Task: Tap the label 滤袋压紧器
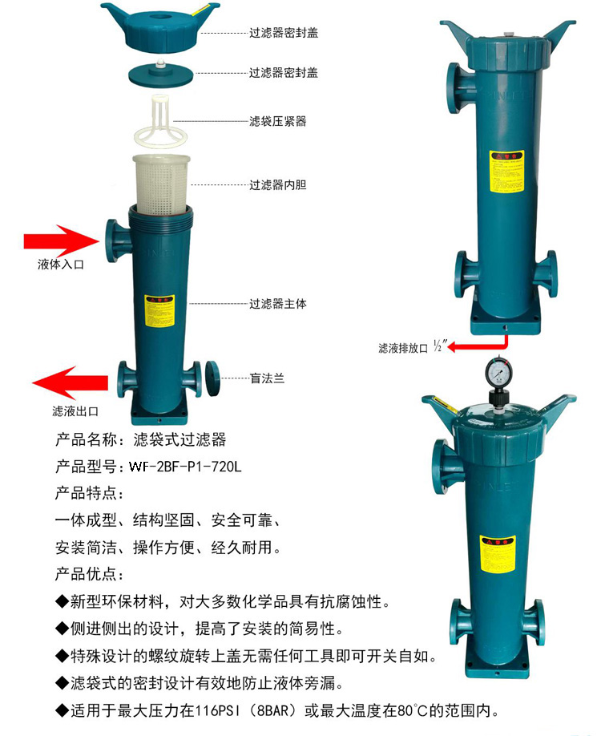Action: pyautogui.click(x=277, y=121)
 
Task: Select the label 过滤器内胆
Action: pyautogui.click(x=277, y=184)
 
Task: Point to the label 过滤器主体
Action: pyautogui.click(x=277, y=304)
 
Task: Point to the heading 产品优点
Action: pyautogui.click(x=90, y=574)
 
